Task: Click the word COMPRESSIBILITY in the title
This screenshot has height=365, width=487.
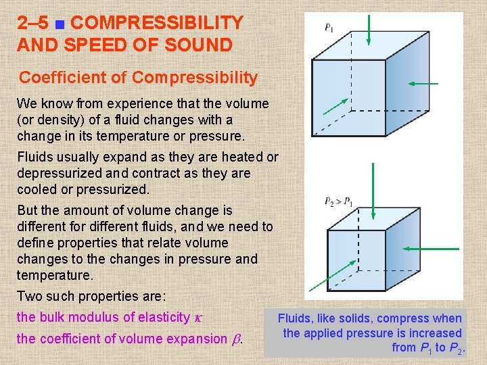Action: [x=157, y=23]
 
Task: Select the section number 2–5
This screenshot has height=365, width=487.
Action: [x=33, y=23]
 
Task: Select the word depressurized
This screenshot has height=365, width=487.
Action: [x=61, y=173]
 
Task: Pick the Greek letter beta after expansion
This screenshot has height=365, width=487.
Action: [x=236, y=339]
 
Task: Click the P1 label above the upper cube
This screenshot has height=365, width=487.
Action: [x=329, y=28]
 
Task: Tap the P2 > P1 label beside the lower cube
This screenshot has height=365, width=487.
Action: [x=338, y=201]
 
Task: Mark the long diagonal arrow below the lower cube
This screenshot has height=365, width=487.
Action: [x=328, y=274]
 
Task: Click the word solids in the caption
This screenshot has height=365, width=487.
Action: [x=354, y=318]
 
